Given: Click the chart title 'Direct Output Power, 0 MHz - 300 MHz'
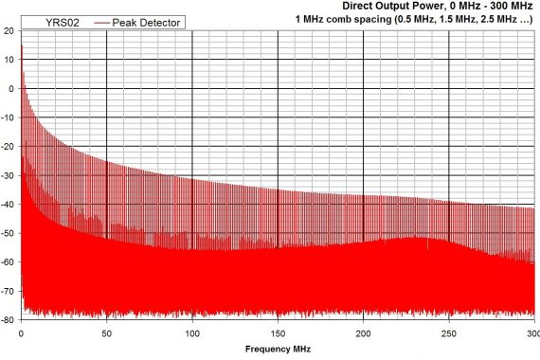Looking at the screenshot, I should tap(441, 6).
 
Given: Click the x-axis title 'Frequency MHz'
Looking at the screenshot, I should tap(277, 350).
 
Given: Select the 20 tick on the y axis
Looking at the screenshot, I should tap(9, 30).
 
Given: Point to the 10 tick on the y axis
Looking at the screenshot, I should tap(9, 60).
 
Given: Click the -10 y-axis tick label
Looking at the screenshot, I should tap(8, 118).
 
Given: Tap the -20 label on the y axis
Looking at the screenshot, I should tap(8, 147).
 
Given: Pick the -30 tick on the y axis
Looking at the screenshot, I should tap(8, 176).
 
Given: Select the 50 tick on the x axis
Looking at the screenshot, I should tap(106, 333).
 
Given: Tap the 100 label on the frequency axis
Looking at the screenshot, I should tap(192, 333).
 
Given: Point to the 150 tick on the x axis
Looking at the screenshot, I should tap(278, 333).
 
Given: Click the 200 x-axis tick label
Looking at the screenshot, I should tap(364, 333).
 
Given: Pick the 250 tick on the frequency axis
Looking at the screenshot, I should tap(449, 333).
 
